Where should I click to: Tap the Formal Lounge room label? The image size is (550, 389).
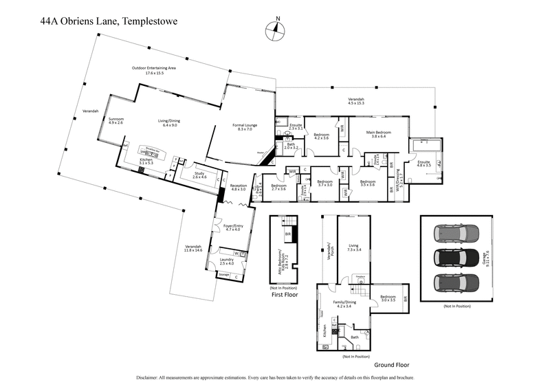[x=245, y=126]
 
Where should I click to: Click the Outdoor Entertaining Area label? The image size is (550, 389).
[x=155, y=69]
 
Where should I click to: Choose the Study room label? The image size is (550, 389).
[x=199, y=175]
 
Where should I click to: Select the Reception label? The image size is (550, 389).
[x=238, y=186]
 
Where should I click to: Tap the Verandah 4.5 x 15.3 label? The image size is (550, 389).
[x=355, y=102]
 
